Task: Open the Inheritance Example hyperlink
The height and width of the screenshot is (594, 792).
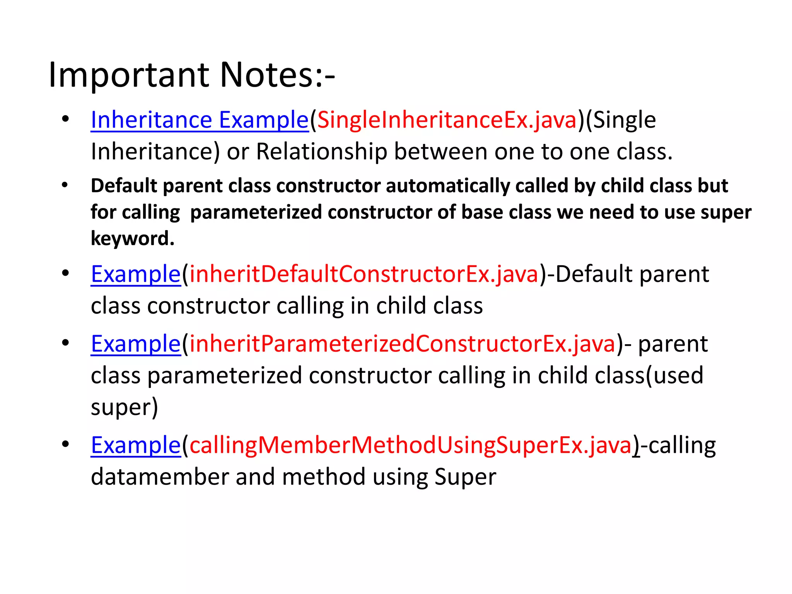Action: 200,120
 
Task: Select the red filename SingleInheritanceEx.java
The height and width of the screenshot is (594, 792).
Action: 447,120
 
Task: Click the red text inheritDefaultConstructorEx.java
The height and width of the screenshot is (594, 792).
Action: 364,274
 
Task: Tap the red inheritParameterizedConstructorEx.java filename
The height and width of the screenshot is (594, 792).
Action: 402,344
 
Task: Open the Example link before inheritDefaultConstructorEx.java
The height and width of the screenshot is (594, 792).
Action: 136,274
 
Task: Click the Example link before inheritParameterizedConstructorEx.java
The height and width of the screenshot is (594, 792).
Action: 136,344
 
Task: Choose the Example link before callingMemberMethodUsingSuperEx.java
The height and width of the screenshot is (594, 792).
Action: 136,445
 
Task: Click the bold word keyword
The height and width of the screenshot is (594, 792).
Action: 132,239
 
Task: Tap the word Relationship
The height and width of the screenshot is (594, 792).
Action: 321,151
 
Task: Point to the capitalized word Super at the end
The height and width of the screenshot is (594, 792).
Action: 465,477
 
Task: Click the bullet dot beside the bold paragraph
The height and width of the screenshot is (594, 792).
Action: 65,185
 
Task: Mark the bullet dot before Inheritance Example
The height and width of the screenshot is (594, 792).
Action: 65,119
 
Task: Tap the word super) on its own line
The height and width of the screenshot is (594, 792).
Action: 124,407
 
